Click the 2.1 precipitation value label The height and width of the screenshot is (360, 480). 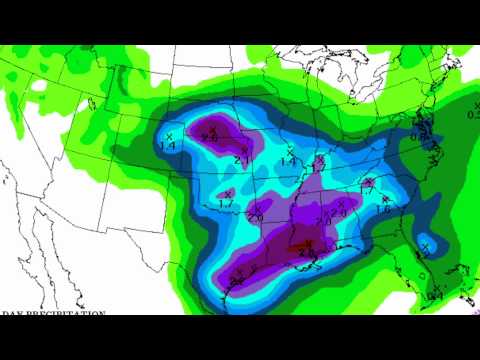tap(242, 159)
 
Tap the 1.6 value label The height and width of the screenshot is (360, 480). tap(382, 209)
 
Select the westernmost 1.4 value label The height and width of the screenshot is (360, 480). tap(169, 146)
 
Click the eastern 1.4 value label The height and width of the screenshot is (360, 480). tap(288, 162)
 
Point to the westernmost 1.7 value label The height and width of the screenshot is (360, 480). tap(225, 203)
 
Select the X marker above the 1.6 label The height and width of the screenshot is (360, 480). tap(381, 199)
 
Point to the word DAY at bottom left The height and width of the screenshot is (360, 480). tap(10, 314)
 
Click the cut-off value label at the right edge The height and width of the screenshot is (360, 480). tap(473, 114)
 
